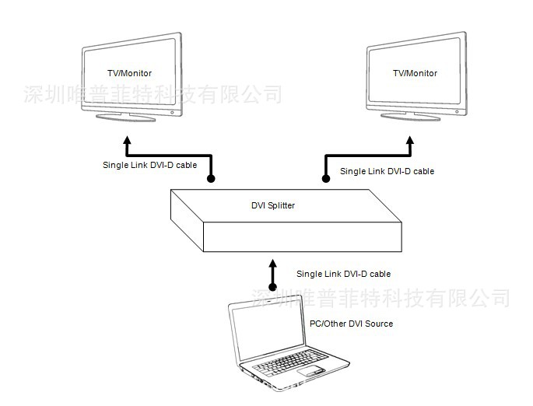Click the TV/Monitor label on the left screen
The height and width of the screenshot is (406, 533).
click(x=129, y=73)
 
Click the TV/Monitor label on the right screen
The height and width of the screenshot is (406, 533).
click(x=415, y=73)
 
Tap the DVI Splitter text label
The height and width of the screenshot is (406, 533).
click(x=272, y=205)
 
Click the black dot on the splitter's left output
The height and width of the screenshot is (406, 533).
click(x=210, y=179)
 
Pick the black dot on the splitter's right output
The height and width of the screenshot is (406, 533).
click(x=325, y=179)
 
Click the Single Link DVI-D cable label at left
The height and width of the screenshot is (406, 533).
click(x=150, y=165)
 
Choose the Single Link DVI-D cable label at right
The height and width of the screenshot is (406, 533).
click(x=387, y=171)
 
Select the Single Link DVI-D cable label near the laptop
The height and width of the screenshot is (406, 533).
click(x=343, y=274)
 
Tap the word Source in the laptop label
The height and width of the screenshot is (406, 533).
click(x=377, y=324)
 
